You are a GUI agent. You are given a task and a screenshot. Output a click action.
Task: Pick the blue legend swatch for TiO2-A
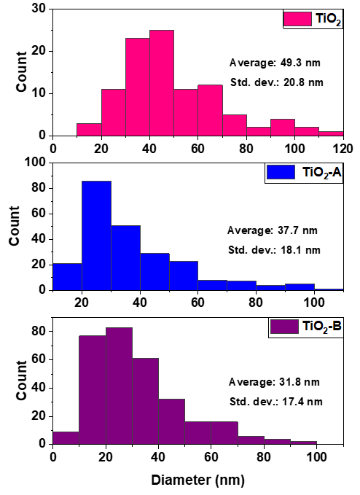pos(281,173)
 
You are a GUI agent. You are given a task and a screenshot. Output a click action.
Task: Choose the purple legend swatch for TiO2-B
pos(281,326)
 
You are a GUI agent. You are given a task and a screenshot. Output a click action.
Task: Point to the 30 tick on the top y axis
pos(36,9)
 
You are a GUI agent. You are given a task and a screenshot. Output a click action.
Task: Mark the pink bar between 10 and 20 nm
pos(89,129)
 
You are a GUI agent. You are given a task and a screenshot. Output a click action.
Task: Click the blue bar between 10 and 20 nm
pos(67,276)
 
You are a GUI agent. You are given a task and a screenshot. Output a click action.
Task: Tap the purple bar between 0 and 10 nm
pos(65,437)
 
